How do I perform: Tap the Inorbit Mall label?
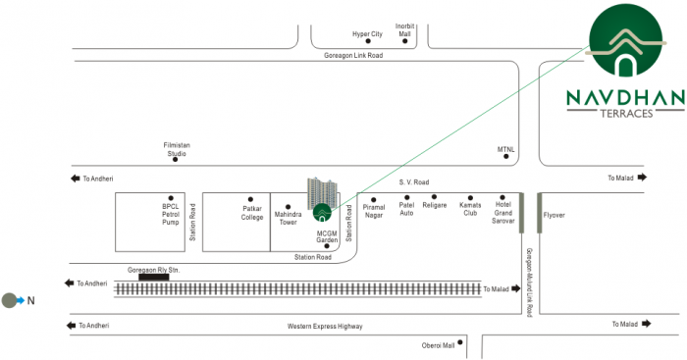tap(405, 29)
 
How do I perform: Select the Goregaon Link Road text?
tap(353, 56)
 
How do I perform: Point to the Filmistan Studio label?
tap(177, 149)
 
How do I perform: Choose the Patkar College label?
tap(253, 213)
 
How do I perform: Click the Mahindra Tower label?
tap(287, 217)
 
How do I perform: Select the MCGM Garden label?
tap(327, 235)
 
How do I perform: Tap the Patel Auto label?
tap(407, 209)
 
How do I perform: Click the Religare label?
tap(435, 205)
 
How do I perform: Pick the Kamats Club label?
tap(470, 209)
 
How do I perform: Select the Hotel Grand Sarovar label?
tap(503, 213)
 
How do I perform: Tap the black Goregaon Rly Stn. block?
tap(153, 278)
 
